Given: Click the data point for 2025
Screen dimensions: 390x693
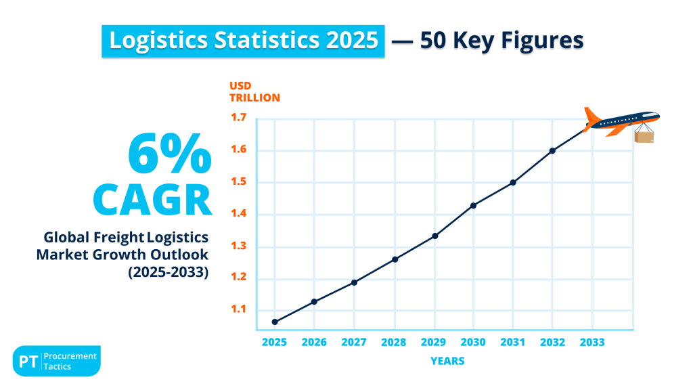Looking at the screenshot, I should click(x=275, y=322).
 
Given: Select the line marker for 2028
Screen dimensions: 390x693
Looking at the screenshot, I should click(x=395, y=259).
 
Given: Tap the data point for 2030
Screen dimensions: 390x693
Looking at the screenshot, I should click(x=473, y=205).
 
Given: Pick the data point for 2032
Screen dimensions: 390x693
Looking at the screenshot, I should click(x=552, y=150).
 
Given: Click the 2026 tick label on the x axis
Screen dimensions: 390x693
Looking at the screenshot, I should click(x=315, y=343).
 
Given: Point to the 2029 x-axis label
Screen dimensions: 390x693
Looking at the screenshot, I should click(x=434, y=343).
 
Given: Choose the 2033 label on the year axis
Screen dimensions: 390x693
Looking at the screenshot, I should click(x=592, y=343).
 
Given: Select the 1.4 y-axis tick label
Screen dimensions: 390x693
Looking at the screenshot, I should click(x=238, y=215).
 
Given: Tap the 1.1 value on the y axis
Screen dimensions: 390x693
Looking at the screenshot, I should click(x=238, y=310).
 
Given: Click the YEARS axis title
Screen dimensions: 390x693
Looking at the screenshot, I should click(x=447, y=361).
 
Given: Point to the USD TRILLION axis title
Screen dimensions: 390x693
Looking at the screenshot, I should click(x=254, y=92).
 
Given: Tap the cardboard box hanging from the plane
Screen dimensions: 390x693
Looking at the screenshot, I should click(x=644, y=137).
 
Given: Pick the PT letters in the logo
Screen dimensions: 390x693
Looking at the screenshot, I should click(x=28, y=362).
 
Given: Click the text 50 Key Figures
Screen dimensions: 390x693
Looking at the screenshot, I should click(x=501, y=41).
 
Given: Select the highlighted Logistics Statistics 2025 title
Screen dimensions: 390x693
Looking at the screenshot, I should click(x=244, y=41).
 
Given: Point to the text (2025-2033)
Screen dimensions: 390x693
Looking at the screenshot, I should click(x=168, y=272).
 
